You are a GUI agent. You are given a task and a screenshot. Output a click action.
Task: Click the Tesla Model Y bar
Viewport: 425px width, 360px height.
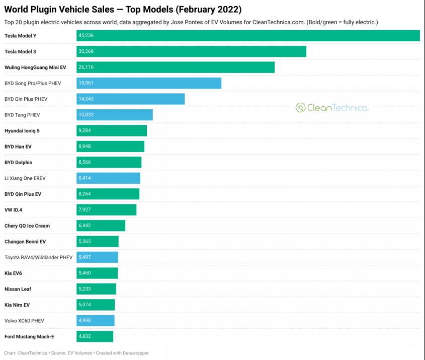point(248,36)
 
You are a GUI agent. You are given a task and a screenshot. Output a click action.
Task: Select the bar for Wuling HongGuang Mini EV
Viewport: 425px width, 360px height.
point(176,67)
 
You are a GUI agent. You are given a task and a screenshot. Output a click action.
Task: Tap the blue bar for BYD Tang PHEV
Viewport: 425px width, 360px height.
point(115,115)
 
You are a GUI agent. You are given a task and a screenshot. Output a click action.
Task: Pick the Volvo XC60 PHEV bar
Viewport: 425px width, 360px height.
point(96,321)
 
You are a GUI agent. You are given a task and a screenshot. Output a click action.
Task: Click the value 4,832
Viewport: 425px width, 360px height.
point(84,336)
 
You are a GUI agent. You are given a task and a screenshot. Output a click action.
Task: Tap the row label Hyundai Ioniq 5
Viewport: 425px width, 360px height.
point(22,131)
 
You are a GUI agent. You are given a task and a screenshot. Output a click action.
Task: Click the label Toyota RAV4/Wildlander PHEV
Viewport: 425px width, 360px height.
point(38,257)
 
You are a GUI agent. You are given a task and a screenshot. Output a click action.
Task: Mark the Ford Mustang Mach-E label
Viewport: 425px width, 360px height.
point(29,336)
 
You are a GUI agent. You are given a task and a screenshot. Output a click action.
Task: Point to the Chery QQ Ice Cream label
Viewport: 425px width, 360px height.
point(27,226)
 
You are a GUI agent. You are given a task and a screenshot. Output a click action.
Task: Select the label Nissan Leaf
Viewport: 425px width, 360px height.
point(18,289)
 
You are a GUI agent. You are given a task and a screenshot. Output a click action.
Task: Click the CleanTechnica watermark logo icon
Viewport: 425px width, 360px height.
point(300,108)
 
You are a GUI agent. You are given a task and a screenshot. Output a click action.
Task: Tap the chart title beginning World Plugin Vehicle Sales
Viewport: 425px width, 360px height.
point(123,10)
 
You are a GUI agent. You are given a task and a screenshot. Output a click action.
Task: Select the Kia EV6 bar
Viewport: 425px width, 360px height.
point(97,273)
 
